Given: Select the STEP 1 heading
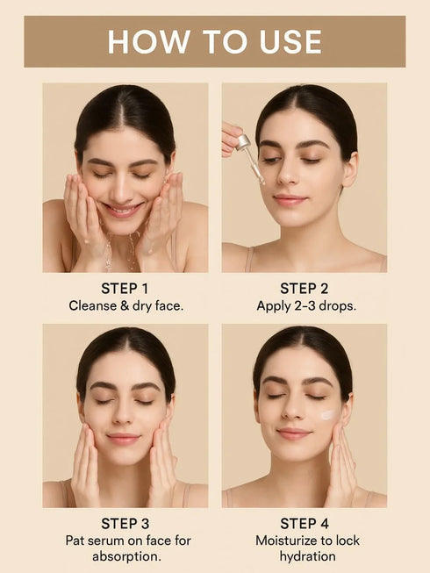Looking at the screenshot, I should (x=125, y=288).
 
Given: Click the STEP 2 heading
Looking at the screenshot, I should (x=304, y=288).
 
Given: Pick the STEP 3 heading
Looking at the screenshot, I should (x=125, y=524).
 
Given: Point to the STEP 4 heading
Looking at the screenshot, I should (x=304, y=524).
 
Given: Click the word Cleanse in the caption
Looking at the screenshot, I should (x=94, y=305).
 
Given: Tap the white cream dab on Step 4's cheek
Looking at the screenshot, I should (x=327, y=415).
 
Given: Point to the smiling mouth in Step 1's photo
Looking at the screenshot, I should (x=124, y=209).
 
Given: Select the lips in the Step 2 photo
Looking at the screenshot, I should (x=289, y=199).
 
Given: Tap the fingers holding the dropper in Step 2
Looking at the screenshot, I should (x=230, y=136).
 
